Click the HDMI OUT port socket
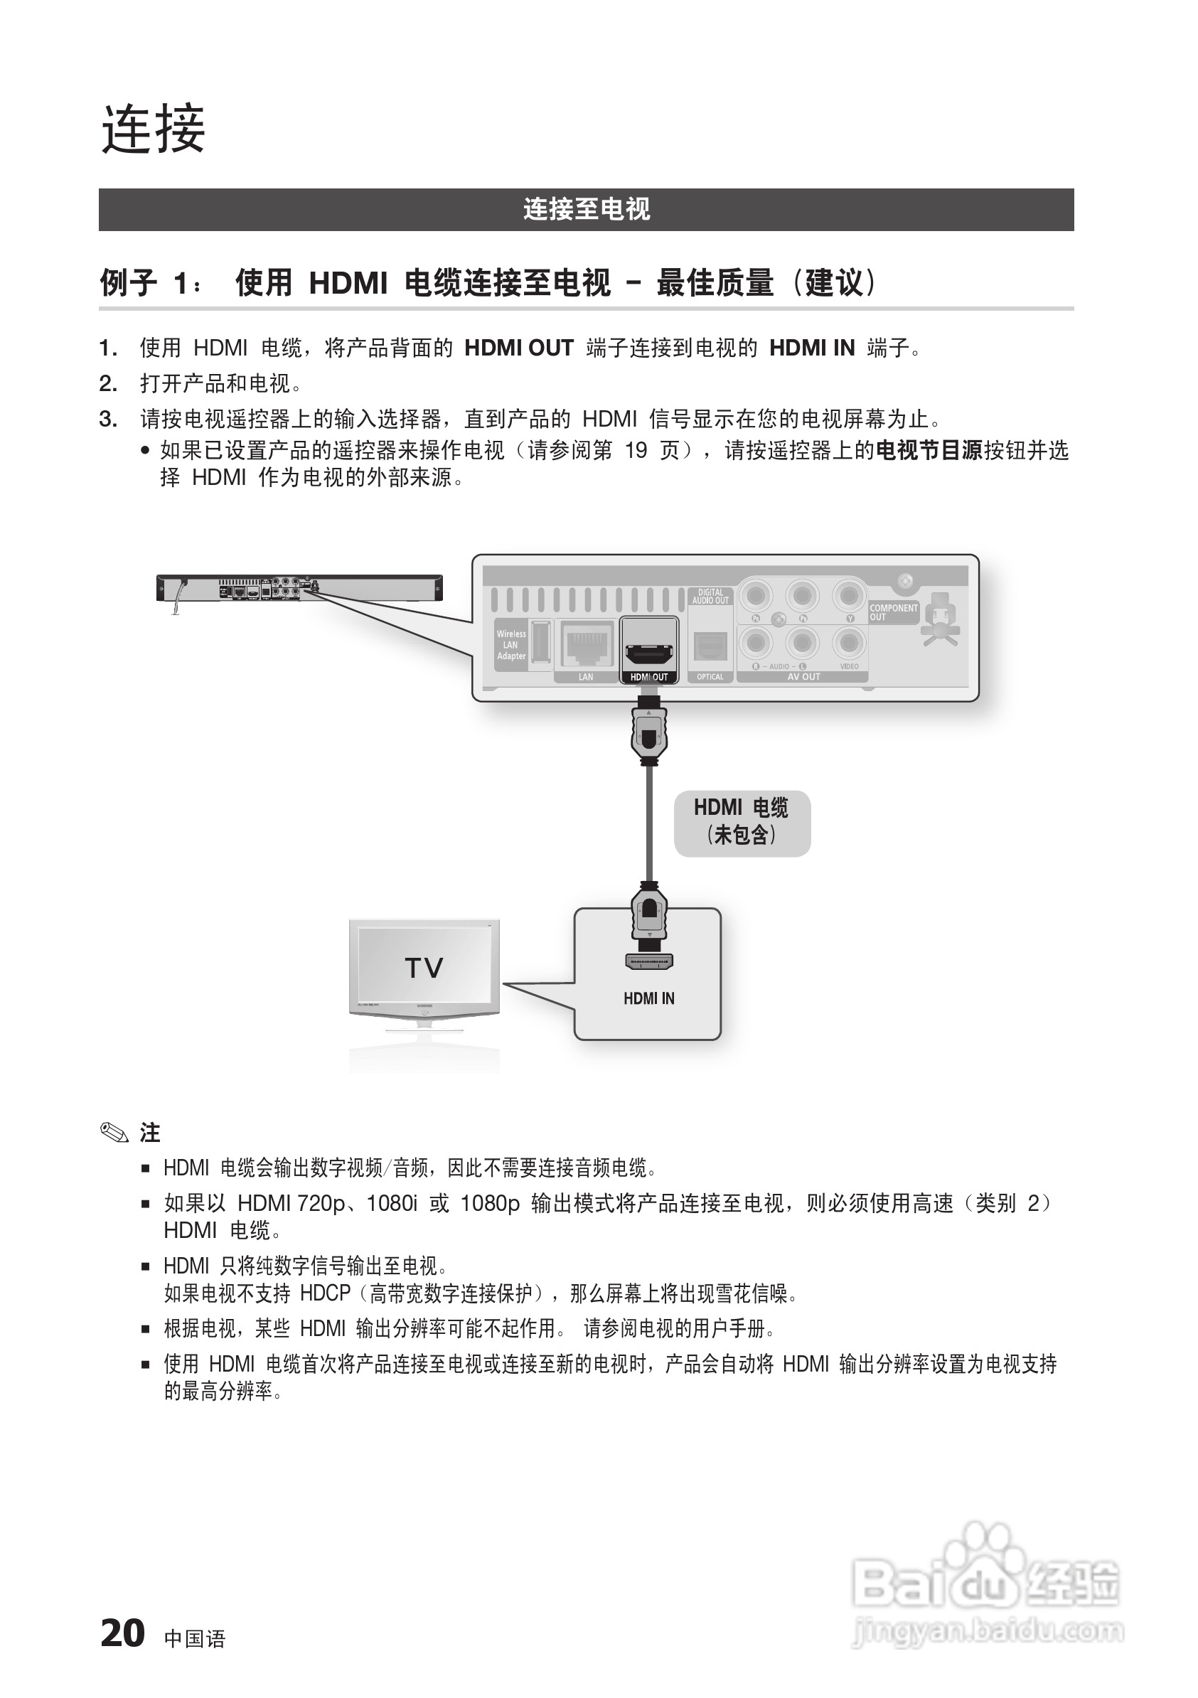point(649,653)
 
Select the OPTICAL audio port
point(710,646)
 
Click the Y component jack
point(849,595)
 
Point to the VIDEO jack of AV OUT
point(849,642)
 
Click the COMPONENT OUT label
point(893,612)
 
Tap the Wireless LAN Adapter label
point(511,645)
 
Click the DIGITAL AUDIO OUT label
point(711,596)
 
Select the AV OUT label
point(804,677)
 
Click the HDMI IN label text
point(648,998)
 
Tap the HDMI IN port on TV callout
point(648,962)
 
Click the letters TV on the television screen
point(424,968)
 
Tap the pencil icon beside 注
point(114,1132)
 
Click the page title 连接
point(153,129)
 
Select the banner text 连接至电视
point(586,209)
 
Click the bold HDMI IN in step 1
point(812,348)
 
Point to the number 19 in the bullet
point(636,450)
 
